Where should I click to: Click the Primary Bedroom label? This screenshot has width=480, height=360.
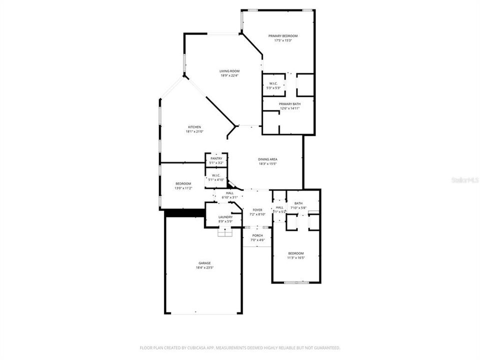(x=283, y=36)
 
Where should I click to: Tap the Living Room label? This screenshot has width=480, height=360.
(x=229, y=71)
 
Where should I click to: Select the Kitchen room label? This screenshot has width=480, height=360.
(x=194, y=127)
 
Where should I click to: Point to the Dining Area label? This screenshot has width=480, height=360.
(x=268, y=159)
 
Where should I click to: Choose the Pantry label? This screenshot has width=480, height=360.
(x=216, y=158)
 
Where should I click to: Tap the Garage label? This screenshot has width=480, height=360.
(x=204, y=263)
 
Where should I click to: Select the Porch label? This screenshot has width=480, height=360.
(x=257, y=235)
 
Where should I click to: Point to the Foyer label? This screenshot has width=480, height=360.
(x=257, y=210)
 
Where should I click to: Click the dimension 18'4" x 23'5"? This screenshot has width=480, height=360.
(x=204, y=268)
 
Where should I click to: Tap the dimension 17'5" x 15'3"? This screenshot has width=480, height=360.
(x=283, y=40)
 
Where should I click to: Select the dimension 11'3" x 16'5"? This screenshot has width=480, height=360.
(x=295, y=258)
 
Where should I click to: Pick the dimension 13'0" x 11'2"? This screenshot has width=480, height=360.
(x=183, y=188)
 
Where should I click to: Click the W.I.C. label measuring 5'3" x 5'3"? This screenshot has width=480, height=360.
(x=273, y=83)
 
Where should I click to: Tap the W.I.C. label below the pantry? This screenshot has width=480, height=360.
(x=216, y=175)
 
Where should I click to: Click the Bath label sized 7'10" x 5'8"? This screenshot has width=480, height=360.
(x=298, y=203)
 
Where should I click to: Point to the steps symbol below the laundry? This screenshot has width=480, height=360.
(x=225, y=232)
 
